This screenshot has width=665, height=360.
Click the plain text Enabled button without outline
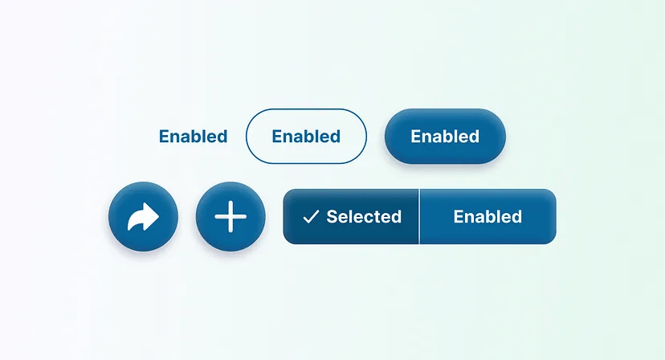[x=193, y=137]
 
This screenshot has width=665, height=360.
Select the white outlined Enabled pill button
[x=306, y=137]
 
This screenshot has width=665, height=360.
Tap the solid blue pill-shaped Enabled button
[x=445, y=137]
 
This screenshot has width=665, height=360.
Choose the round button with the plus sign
[x=231, y=217]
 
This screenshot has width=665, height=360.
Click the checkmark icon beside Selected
[x=311, y=217]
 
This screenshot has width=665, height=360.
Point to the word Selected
[x=364, y=217]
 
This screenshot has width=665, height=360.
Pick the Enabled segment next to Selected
[x=488, y=217]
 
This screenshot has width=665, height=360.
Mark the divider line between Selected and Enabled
[x=419, y=217]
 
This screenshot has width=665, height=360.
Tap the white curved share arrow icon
[x=143, y=217]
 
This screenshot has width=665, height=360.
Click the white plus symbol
[x=231, y=217]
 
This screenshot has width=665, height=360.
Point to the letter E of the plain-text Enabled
[x=164, y=137]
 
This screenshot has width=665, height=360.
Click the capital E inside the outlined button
[x=277, y=137]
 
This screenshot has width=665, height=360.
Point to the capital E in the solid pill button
[x=416, y=137]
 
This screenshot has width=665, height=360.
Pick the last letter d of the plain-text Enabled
[x=222, y=137]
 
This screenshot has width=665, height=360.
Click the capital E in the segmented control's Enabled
[x=459, y=217]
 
